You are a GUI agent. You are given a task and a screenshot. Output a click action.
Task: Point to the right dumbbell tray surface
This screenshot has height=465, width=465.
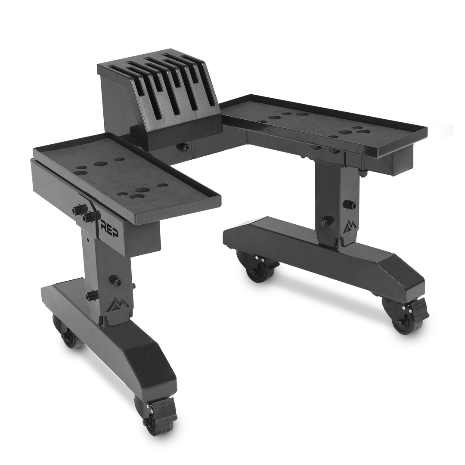(327, 123)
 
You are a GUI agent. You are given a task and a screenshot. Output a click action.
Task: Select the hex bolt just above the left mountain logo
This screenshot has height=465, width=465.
(115, 279)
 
